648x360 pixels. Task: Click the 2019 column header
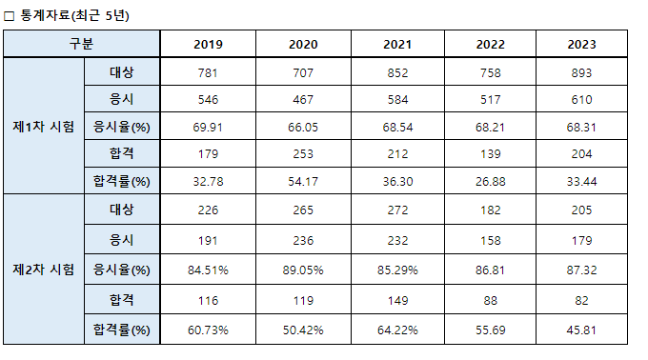(x=208, y=44)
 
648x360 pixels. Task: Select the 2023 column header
(x=581, y=44)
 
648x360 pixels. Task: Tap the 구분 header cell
(x=81, y=44)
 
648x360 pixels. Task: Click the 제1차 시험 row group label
(x=44, y=127)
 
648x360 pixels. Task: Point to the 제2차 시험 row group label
(x=44, y=270)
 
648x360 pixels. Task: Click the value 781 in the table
(x=208, y=73)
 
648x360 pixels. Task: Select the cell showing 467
(x=303, y=99)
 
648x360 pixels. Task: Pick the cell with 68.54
(x=397, y=128)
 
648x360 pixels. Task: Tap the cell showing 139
(x=490, y=154)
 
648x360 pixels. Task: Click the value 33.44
(x=581, y=181)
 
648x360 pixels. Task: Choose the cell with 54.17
(x=303, y=181)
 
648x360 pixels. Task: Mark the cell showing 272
(x=397, y=210)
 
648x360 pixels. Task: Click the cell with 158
(x=490, y=241)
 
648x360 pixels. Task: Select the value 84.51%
(x=208, y=270)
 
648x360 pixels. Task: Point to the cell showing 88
(x=490, y=301)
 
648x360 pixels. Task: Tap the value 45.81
(x=581, y=330)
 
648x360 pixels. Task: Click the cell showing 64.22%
(x=397, y=330)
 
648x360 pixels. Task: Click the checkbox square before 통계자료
(x=9, y=16)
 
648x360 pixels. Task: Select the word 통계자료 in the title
(x=45, y=15)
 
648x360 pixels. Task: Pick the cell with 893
(x=581, y=73)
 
